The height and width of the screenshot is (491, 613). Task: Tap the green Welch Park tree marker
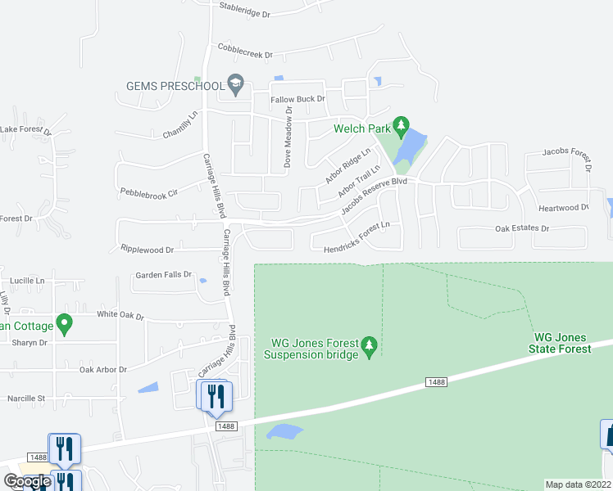(401, 125)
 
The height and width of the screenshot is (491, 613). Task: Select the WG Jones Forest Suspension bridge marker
(369, 347)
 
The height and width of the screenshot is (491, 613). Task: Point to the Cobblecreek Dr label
(243, 52)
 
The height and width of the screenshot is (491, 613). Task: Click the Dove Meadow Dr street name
(288, 137)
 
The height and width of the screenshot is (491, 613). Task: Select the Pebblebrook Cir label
(148, 194)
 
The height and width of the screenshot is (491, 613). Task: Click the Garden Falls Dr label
(163, 275)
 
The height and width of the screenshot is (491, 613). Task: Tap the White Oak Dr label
(120, 316)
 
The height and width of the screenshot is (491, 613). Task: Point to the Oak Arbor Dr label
(102, 370)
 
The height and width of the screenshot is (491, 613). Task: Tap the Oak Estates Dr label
(522, 228)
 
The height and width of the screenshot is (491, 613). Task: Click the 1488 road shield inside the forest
(437, 382)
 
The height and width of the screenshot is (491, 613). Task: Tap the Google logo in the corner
(27, 481)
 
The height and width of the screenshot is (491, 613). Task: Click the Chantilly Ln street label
(180, 125)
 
